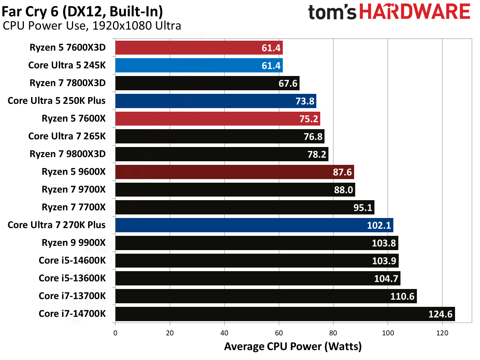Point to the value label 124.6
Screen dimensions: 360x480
[x=440, y=314]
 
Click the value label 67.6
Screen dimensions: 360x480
[x=287, y=83]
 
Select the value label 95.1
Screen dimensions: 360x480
[x=362, y=208]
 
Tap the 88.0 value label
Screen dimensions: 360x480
[x=343, y=190]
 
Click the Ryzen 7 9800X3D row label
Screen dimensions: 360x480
[x=67, y=154]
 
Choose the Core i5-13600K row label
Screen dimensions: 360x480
[x=72, y=278]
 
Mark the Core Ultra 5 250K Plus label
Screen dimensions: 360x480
[x=56, y=101]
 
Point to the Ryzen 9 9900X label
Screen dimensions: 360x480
[x=73, y=243]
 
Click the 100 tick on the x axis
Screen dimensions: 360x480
[x=388, y=333]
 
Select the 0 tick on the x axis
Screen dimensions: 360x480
[x=115, y=333]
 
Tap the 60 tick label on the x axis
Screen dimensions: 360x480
[x=279, y=333]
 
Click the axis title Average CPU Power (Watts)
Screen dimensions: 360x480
[x=292, y=346]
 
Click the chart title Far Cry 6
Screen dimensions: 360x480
[x=82, y=11]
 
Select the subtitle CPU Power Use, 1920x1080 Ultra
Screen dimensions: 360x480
[x=92, y=26]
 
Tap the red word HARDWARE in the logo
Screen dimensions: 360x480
[x=414, y=12]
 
